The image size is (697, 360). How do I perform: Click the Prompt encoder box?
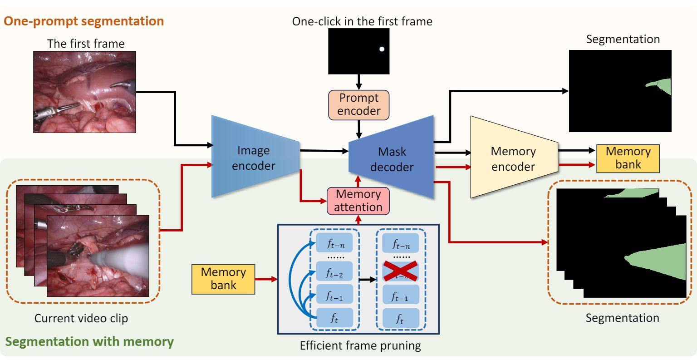(x=359, y=105)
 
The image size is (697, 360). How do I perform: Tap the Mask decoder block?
(x=392, y=158)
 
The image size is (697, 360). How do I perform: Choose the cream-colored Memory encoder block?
(x=513, y=158)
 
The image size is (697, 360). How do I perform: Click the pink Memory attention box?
(x=358, y=201)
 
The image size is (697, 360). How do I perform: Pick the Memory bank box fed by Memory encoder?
(x=628, y=158)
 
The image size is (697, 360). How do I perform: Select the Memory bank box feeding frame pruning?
(x=223, y=279)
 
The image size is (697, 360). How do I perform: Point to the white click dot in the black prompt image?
(x=382, y=49)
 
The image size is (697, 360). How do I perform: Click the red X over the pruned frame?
(x=400, y=272)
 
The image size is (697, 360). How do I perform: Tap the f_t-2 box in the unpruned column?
(x=334, y=272)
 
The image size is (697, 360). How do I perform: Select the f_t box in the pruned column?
(x=400, y=318)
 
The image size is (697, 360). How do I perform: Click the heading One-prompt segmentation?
(x=84, y=21)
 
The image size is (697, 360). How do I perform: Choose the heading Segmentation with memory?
(x=89, y=341)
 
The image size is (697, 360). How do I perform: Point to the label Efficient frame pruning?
(x=360, y=346)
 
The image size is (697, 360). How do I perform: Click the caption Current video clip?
(x=81, y=318)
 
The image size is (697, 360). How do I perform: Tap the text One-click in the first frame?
(x=362, y=21)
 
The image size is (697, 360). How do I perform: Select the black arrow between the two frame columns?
(x=367, y=280)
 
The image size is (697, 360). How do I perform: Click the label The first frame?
(x=86, y=44)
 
